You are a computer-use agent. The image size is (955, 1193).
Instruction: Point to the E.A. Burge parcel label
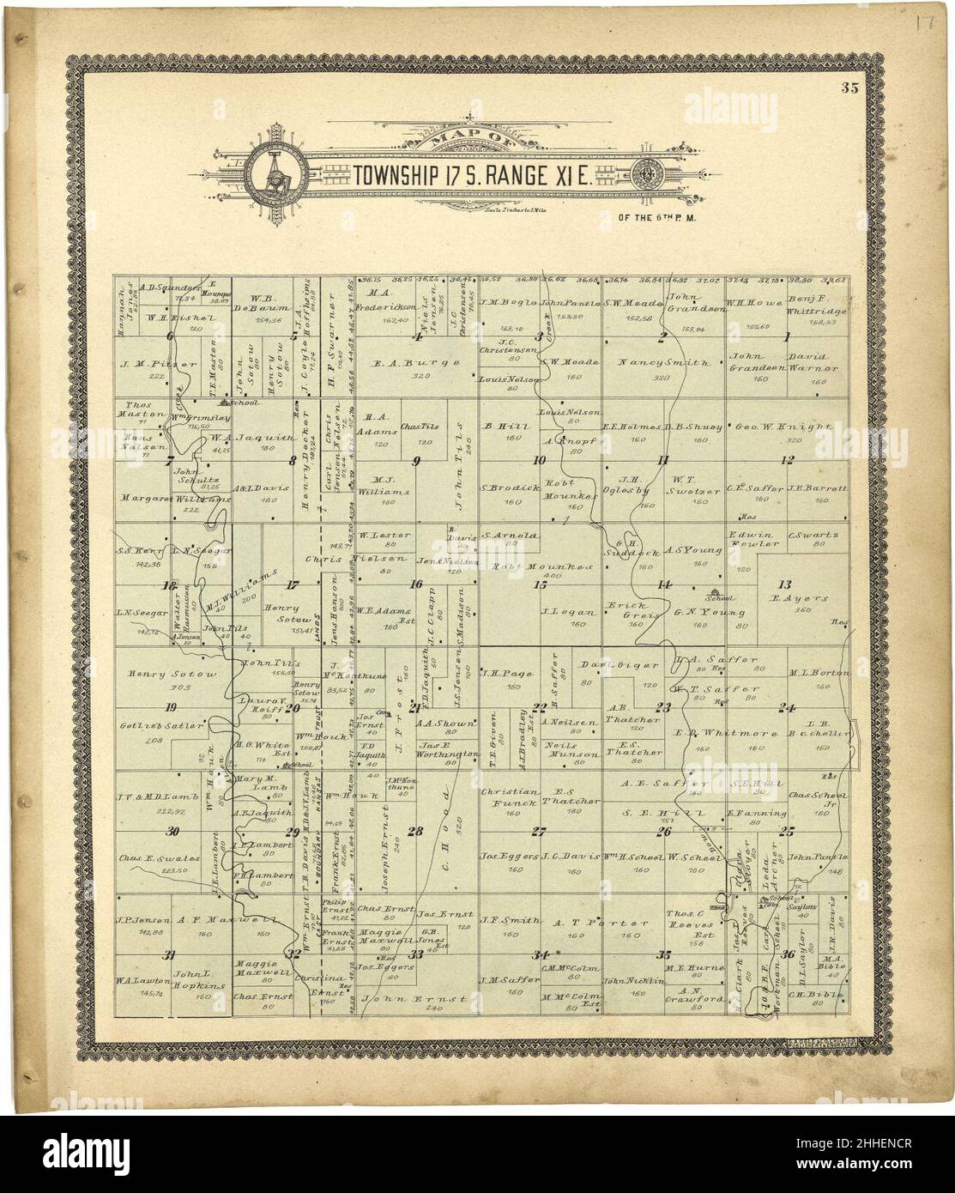418,362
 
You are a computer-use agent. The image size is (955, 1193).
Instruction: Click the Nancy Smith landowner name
662,362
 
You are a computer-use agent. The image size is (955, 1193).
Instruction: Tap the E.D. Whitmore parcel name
725,734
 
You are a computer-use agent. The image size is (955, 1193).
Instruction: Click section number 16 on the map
416,584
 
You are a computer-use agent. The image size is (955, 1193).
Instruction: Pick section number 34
540,954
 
